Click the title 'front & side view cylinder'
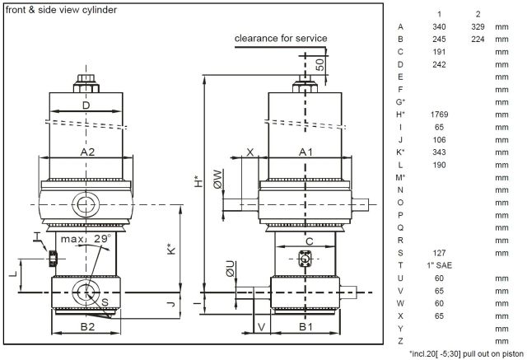61,11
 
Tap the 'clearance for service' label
281,38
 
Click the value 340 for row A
438,27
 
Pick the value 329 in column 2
477,27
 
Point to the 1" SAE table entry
438,265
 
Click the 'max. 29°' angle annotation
91,238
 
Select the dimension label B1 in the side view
305,326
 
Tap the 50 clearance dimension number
319,66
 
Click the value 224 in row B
477,40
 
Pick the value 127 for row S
438,253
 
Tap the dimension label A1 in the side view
305,152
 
